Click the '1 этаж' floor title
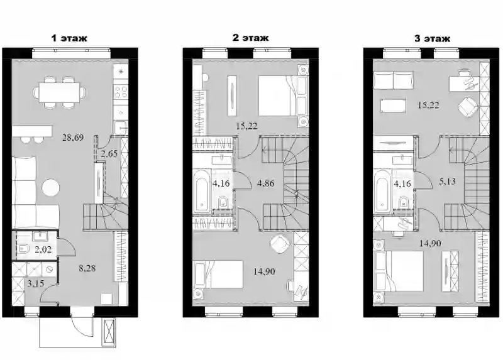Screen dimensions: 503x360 (x=69, y=38)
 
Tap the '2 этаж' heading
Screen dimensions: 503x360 (x=250, y=38)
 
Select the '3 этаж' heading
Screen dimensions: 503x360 (x=432, y=39)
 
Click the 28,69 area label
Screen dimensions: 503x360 (x=73, y=138)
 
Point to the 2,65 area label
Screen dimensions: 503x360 (x=109, y=153)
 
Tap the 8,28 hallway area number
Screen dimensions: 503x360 (x=87, y=268)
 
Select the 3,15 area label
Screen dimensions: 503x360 (x=35, y=283)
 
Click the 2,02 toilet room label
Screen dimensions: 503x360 (x=43, y=249)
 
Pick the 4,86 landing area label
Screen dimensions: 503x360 (x=265, y=183)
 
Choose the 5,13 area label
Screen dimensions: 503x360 (x=447, y=182)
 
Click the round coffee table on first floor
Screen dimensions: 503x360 (x=51, y=187)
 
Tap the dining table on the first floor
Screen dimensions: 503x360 (x=60, y=92)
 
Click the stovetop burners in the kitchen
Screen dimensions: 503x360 (x=121, y=91)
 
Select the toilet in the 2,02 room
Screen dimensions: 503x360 (x=24, y=248)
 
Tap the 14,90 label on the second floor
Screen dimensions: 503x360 (x=263, y=271)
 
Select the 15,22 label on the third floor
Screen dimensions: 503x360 (x=428, y=105)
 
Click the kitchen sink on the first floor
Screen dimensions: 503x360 (x=121, y=128)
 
